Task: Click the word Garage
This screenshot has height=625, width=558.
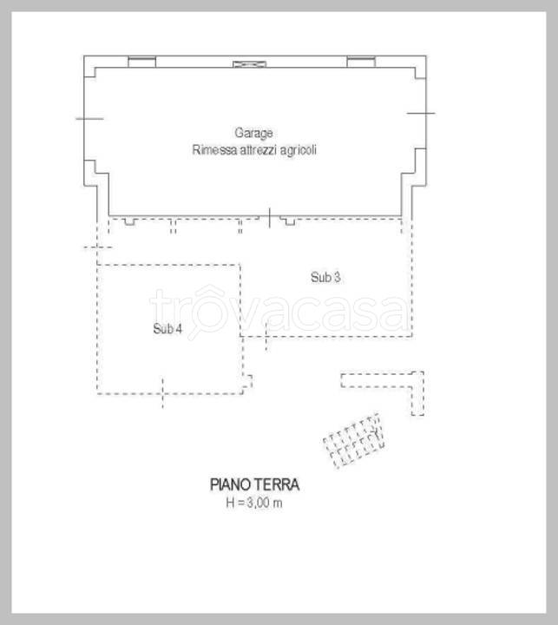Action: coord(253,133)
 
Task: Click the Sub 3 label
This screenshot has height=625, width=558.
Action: coord(325,277)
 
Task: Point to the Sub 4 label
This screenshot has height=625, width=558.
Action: coord(167,328)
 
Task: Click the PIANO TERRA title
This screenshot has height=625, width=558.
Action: coord(254,484)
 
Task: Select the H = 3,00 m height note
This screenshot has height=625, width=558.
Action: coord(254,503)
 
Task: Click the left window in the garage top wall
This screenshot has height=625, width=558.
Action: coord(142,62)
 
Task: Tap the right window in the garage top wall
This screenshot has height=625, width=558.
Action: coord(361,62)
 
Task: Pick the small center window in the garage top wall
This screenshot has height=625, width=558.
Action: coord(250,63)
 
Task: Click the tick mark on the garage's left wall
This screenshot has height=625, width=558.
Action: coord(89,118)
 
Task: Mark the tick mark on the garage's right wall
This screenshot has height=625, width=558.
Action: coord(421,113)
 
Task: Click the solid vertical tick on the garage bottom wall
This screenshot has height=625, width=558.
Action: coord(270,218)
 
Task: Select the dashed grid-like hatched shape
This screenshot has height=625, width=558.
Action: coord(354,441)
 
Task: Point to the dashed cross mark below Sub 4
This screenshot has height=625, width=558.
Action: coord(162,394)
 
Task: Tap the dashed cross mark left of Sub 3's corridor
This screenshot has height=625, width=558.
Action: coord(97,247)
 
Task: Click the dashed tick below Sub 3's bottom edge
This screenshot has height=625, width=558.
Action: coord(266,337)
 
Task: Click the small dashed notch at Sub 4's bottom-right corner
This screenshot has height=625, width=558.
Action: coord(247,381)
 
